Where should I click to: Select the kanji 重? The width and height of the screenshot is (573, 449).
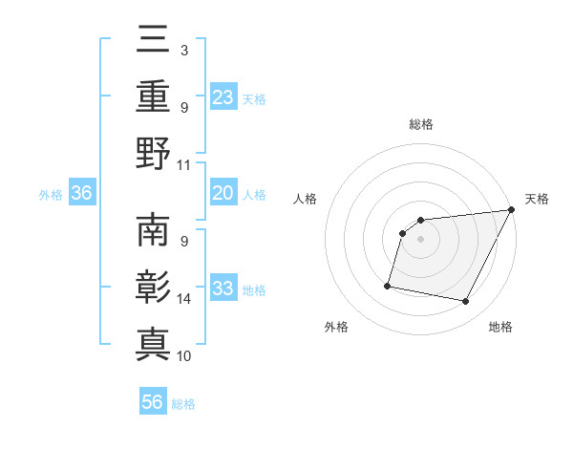click(x=153, y=96)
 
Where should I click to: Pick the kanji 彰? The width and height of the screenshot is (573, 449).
click(x=153, y=288)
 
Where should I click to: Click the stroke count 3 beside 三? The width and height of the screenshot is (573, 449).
click(x=183, y=50)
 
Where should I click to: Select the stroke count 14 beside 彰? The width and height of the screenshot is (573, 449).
click(x=184, y=299)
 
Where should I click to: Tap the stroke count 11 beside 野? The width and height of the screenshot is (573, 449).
click(x=184, y=164)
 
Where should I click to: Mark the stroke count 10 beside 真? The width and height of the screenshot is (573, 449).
click(x=184, y=356)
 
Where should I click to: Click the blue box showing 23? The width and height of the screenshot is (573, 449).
click(x=223, y=96)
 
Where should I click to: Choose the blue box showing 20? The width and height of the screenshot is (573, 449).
click(x=223, y=193)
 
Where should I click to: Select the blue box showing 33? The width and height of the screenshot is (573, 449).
click(x=223, y=289)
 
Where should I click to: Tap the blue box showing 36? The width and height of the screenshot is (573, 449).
click(x=81, y=193)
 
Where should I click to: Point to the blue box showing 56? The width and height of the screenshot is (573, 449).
click(x=153, y=402)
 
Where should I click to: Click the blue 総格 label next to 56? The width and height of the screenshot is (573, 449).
click(x=183, y=404)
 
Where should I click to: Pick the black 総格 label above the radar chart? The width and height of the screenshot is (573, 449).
click(x=421, y=124)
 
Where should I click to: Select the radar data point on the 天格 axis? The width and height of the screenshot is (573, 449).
click(x=512, y=209)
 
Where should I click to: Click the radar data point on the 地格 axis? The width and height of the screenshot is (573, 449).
click(x=466, y=302)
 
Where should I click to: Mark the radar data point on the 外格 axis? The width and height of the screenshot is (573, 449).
click(x=388, y=285)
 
